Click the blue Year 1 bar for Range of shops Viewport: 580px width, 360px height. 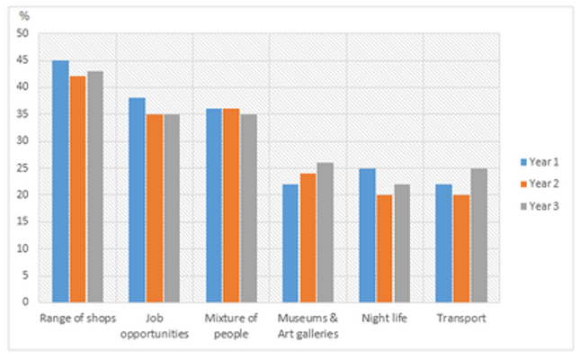tap(60, 181)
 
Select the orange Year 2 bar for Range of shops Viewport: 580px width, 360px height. tap(77, 189)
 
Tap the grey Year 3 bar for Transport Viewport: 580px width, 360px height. tap(478, 235)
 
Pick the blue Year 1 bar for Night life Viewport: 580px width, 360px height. tap(368, 235)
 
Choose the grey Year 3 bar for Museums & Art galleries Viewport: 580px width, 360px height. tap(325, 232)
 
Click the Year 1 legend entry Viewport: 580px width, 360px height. tap(540, 162)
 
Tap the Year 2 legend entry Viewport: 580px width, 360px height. tap(540, 183)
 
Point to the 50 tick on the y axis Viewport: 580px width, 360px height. tap(22, 33)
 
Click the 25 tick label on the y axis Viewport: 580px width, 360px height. tap(22, 168)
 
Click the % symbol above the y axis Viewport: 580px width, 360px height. tap(24, 16)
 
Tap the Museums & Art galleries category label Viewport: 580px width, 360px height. tap(308, 326)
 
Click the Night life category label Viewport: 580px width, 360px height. tap(385, 319)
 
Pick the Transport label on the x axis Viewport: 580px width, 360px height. tap(461, 319)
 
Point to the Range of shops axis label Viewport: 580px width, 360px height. tap(77, 319)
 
